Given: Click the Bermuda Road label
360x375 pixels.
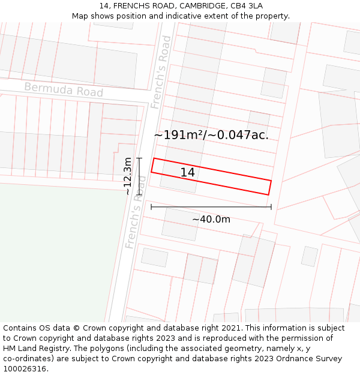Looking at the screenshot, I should pyautogui.click(x=64, y=91).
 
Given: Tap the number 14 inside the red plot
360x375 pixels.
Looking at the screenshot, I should pyautogui.click(x=187, y=173).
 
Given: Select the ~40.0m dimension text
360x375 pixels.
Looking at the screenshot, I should pyautogui.click(x=211, y=220).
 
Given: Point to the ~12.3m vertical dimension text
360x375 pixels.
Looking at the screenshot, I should pyautogui.click(x=127, y=176).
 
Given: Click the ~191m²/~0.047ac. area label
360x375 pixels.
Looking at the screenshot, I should pyautogui.click(x=211, y=135).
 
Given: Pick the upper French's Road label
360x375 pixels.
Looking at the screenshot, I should pyautogui.click(x=161, y=72).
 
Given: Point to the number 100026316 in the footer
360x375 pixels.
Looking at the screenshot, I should pyautogui.click(x=25, y=369).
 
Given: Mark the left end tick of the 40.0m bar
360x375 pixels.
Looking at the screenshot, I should pyautogui.click(x=151, y=207).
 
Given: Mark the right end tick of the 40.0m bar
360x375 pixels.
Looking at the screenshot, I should pyautogui.click(x=271, y=207).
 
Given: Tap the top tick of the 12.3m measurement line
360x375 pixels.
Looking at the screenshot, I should pyautogui.click(x=139, y=158).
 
